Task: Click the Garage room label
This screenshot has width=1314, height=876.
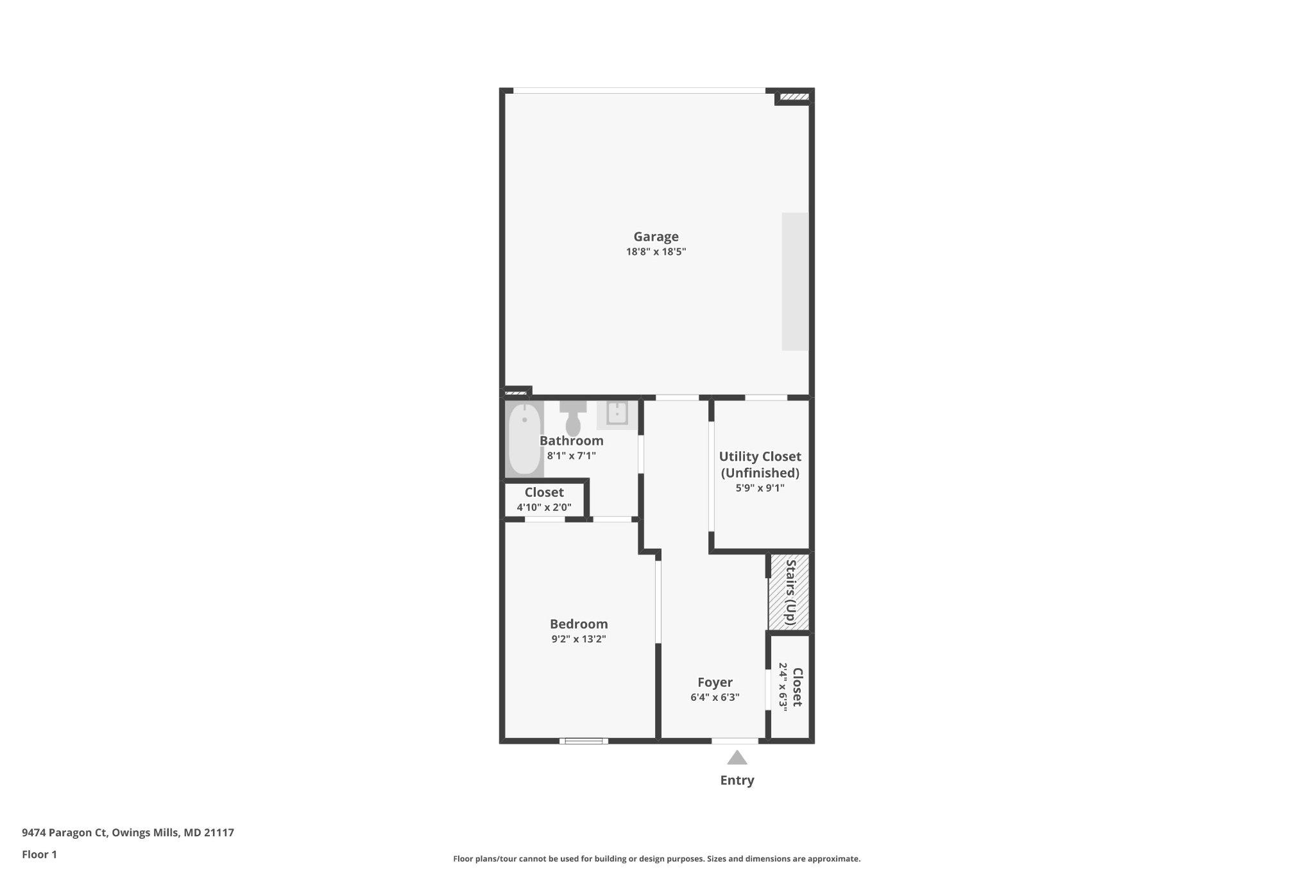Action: (x=656, y=237)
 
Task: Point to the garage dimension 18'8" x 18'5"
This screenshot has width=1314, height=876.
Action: (x=656, y=252)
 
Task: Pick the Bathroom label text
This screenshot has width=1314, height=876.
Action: (x=571, y=441)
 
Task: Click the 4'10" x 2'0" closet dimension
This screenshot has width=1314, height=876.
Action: (x=544, y=508)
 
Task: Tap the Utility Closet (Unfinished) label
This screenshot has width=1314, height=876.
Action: (x=760, y=465)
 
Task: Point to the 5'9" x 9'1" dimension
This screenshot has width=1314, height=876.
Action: (x=760, y=488)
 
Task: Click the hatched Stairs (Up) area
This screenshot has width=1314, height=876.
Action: (x=789, y=592)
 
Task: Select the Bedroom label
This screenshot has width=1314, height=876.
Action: (x=579, y=624)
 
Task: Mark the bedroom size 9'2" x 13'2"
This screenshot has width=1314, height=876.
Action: (x=579, y=639)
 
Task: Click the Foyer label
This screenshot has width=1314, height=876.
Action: (x=715, y=682)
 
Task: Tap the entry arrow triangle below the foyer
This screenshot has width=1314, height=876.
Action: (x=737, y=758)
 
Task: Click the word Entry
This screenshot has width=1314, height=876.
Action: (x=737, y=780)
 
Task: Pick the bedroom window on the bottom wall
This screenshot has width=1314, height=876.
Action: (x=583, y=741)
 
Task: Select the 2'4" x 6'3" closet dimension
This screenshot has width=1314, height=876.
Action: (x=783, y=686)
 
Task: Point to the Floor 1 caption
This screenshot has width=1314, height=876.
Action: (x=39, y=855)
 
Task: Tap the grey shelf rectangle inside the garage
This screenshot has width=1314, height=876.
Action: (x=795, y=282)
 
